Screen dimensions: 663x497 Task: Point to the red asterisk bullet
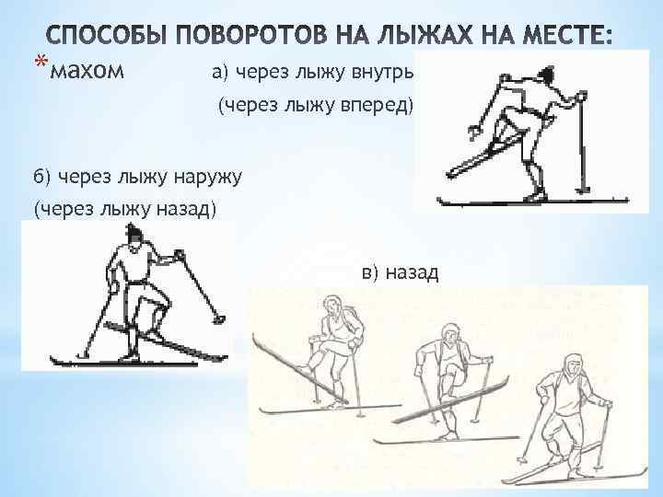click(41, 62)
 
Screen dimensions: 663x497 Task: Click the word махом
click(87, 71)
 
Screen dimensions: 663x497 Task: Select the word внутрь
click(382, 73)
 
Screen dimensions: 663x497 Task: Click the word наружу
click(207, 177)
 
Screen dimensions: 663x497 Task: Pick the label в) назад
click(400, 272)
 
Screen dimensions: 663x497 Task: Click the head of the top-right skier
click(546, 74)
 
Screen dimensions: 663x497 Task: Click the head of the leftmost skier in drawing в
click(332, 306)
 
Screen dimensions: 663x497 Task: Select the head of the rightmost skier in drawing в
click(574, 366)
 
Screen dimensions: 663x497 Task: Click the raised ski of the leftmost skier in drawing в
click(299, 367)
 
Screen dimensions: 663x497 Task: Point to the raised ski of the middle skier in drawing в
click(450, 399)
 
